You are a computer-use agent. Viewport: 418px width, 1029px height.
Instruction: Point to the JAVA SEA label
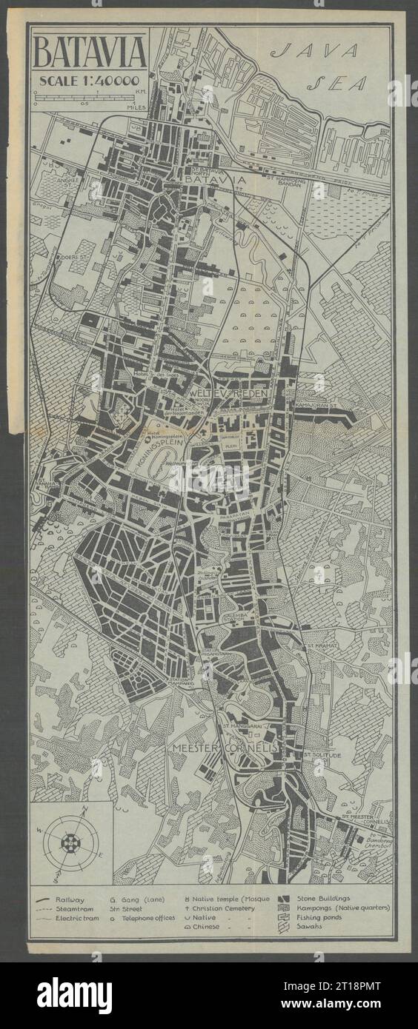pyautogui.click(x=326, y=67)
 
